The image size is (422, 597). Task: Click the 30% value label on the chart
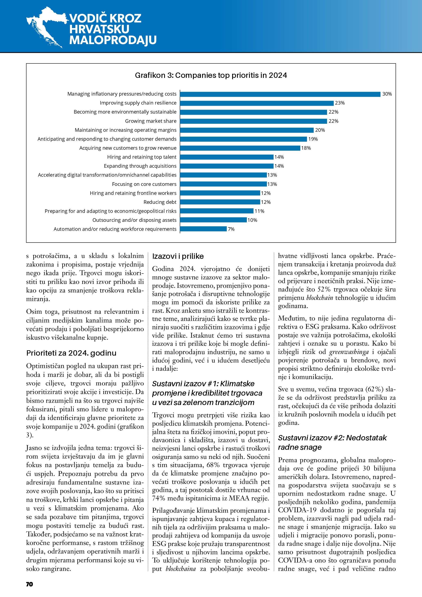click(x=387, y=94)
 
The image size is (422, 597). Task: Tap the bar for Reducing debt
click(x=220, y=202)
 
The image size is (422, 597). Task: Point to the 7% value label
click(x=231, y=229)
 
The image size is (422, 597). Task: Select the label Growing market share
click(x=151, y=121)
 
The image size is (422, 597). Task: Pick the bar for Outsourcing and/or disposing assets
click(x=213, y=220)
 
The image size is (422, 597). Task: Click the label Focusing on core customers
click(x=144, y=184)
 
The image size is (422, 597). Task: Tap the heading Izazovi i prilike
click(x=178, y=256)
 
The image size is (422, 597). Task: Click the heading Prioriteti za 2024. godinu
click(x=71, y=353)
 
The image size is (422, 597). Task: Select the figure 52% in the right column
click(x=324, y=289)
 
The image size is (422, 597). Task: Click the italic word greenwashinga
click(x=349, y=352)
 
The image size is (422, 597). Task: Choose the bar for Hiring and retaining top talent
click(x=227, y=157)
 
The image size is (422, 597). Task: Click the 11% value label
click(x=259, y=211)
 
